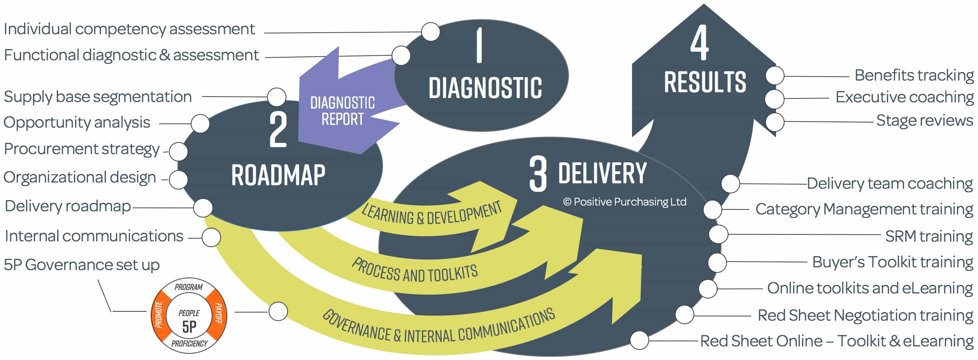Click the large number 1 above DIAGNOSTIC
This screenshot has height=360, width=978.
point(479,45)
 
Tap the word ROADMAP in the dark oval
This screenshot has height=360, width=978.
point(278,175)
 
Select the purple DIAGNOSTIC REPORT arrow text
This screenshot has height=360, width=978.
point(342,111)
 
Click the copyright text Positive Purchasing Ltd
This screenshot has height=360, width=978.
point(625,202)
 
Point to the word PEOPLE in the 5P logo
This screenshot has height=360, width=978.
point(189,313)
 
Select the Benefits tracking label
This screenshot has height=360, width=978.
point(914,75)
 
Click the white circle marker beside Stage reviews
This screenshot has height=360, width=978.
point(774,122)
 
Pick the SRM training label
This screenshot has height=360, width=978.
point(929,236)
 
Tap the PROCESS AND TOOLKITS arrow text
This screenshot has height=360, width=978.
point(414,271)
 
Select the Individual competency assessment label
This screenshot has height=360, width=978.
point(129,29)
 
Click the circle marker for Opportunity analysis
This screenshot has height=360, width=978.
point(200,124)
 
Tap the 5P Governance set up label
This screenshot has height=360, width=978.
point(82,265)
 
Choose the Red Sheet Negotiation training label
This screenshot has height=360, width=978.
point(865,315)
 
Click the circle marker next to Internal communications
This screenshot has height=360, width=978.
point(211,237)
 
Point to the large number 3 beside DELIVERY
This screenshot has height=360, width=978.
point(538,174)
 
